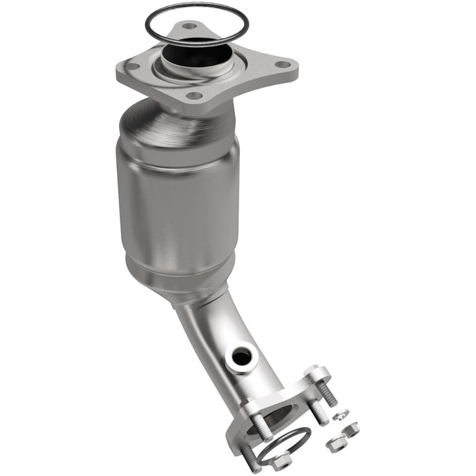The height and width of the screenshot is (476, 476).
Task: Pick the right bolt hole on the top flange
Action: point(282,65)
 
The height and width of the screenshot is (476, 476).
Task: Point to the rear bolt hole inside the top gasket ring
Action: point(189,27)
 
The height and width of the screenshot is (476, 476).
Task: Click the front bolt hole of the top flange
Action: point(194,96)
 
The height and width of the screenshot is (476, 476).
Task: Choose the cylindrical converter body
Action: point(178,197)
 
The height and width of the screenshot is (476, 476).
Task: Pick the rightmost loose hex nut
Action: point(352,430)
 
